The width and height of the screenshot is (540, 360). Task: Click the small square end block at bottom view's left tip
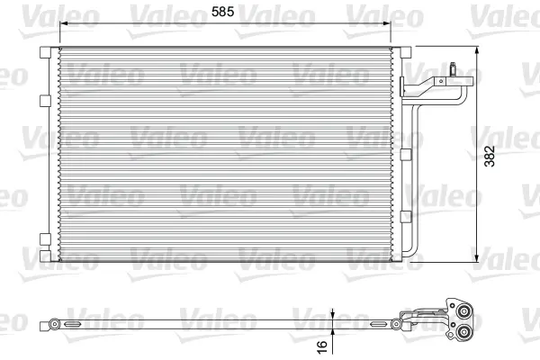42,322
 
